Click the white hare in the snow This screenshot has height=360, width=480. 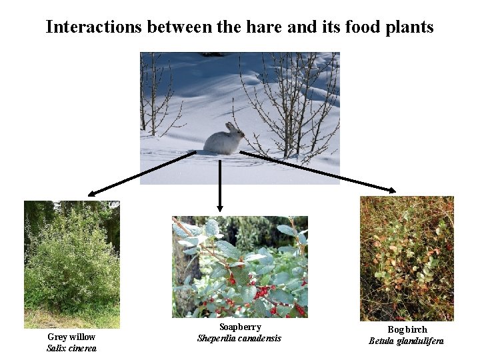[x=224, y=139]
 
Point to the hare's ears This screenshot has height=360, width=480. [x=231, y=125]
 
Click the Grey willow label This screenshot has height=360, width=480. [x=71, y=337]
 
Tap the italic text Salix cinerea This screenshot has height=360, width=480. [x=71, y=349]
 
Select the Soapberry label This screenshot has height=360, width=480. [x=240, y=327]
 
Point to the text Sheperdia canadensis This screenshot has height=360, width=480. [x=239, y=338]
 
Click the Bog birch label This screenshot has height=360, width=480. [x=407, y=330]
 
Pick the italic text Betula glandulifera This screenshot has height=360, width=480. [x=407, y=341]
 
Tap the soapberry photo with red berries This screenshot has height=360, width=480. [x=240, y=267]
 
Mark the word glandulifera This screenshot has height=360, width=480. [x=420, y=341]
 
